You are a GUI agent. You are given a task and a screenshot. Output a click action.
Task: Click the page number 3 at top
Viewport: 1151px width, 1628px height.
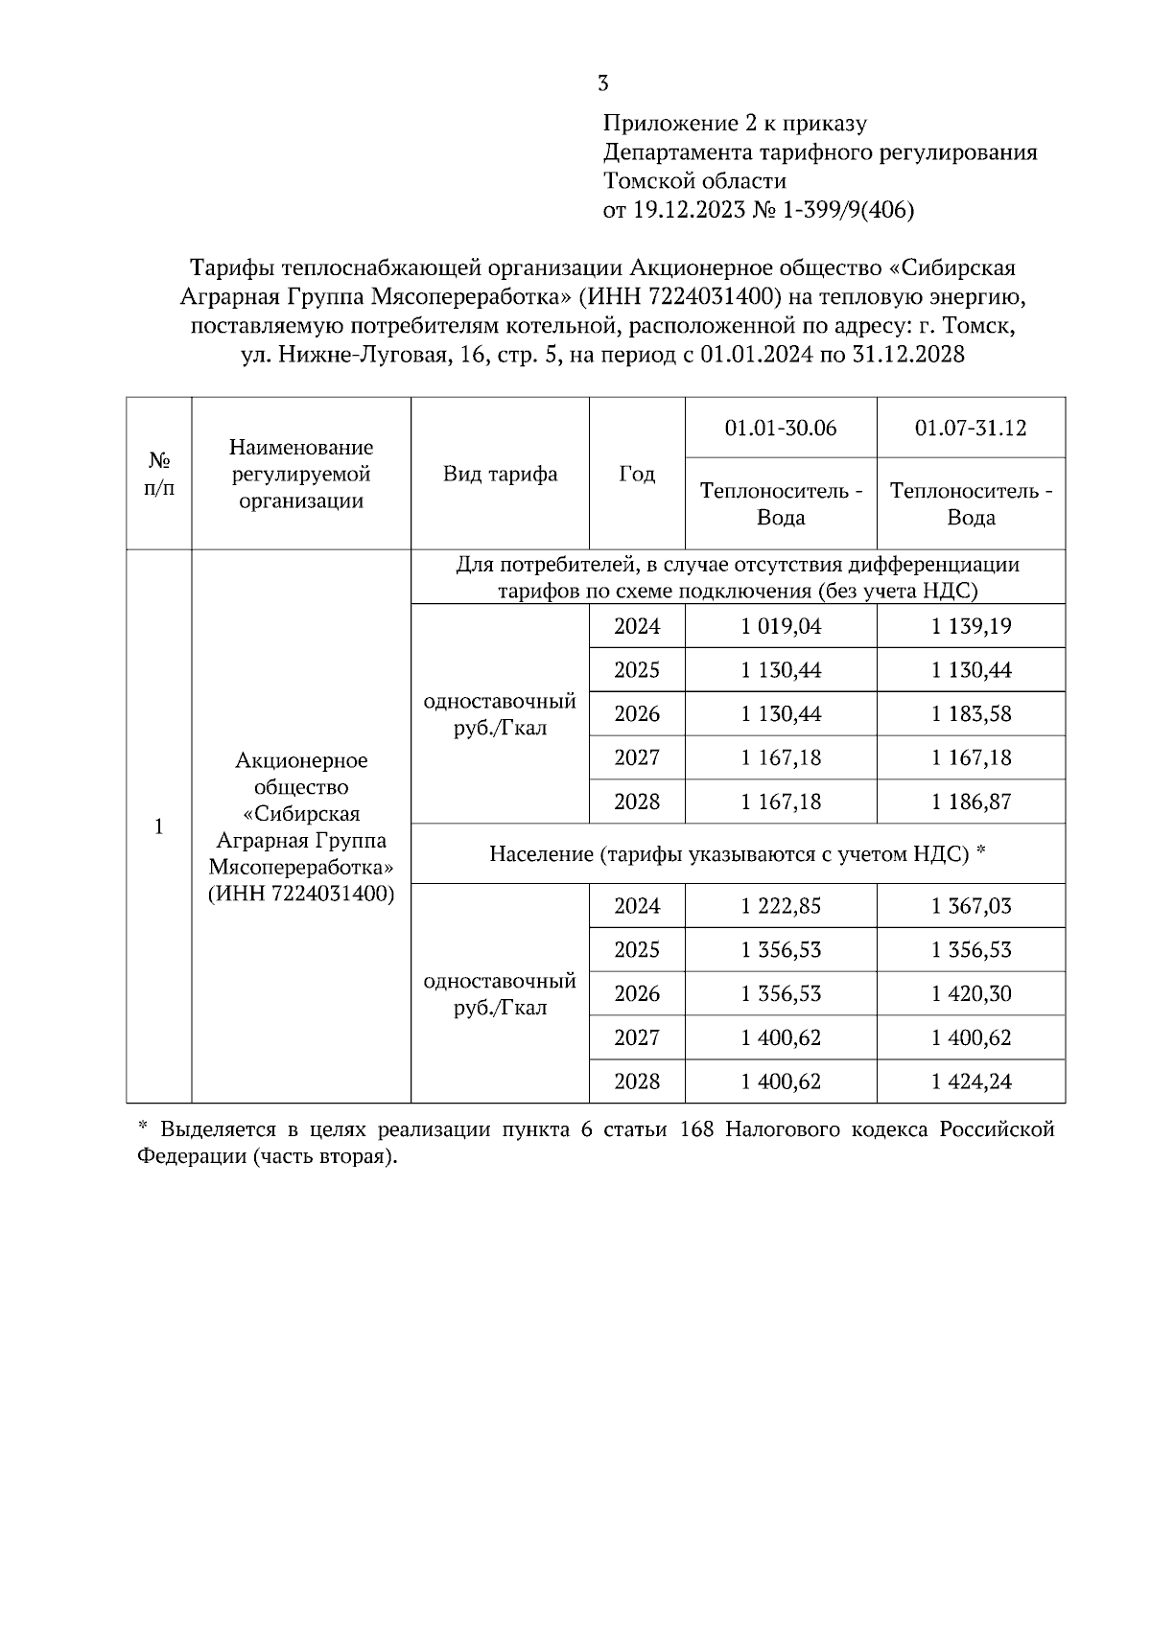602,83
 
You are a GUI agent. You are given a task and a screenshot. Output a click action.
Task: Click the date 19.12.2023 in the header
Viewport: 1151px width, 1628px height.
689,210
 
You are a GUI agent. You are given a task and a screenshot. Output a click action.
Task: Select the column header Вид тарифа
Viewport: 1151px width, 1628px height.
500,475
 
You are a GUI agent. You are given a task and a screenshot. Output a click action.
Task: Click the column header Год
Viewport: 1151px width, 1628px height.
637,475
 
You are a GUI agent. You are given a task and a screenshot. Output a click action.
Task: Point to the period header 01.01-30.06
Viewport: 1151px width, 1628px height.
781,428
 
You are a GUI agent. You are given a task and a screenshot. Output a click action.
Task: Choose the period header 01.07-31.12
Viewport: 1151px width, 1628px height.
971,428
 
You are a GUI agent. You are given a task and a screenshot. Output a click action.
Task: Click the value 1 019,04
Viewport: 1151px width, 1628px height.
781,626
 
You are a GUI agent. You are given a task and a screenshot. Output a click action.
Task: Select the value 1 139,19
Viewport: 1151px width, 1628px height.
971,626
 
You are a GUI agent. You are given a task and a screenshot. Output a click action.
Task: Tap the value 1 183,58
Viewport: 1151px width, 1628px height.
971,714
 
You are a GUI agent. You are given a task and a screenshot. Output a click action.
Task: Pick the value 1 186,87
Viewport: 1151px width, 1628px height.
971,802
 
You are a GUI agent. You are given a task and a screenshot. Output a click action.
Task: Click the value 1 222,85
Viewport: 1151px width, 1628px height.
781,906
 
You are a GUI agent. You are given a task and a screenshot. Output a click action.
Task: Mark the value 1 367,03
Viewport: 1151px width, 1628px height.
971,906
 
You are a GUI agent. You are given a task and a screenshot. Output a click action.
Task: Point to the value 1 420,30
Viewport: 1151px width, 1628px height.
971,994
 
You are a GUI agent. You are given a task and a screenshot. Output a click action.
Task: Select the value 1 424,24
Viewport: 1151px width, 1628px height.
971,1081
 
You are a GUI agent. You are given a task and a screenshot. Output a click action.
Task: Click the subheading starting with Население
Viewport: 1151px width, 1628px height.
738,853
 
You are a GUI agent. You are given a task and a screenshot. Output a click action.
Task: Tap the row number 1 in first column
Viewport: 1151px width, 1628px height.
159,826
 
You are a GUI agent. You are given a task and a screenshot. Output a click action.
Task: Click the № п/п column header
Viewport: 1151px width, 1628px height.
159,474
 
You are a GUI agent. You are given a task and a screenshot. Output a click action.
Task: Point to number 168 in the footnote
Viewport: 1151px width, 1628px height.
696,1129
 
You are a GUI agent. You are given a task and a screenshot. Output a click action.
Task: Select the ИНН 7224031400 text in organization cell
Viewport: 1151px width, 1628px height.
301,894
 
